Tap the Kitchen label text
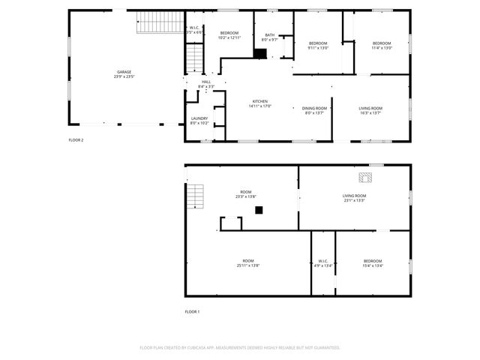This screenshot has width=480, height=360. tap(260, 103)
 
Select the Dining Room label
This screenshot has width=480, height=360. tap(313, 110)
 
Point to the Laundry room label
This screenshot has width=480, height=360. tap(199, 120)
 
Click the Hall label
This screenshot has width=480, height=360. tap(205, 84)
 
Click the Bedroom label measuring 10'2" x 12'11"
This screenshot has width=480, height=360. tap(229, 35)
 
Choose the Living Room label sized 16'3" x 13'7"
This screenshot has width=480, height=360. tap(370, 110)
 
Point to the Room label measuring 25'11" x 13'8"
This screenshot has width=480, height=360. tap(247, 262)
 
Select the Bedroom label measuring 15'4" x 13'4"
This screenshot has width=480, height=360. tap(373, 262)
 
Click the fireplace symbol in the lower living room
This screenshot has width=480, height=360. tap(365, 178)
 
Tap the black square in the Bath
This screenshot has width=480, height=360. tap(260, 53)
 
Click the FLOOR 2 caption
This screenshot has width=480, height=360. tap(76, 139)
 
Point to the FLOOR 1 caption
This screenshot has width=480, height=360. tap(192, 311)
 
